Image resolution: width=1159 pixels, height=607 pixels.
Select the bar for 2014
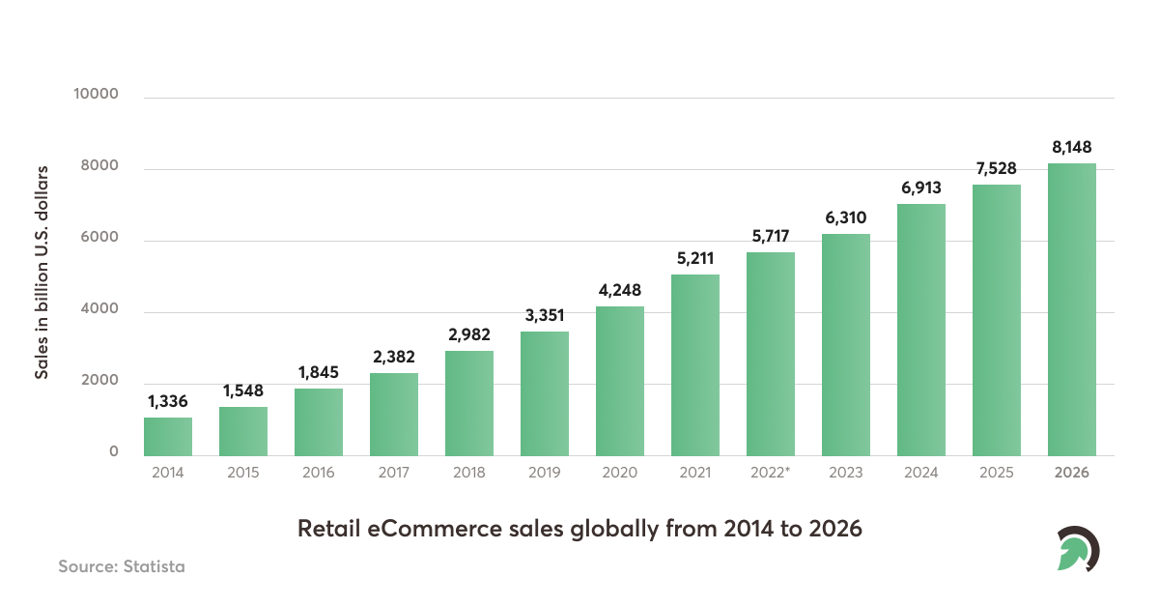168,437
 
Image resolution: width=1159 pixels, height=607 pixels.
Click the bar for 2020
620,381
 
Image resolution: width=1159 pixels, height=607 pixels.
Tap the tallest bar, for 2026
1072,309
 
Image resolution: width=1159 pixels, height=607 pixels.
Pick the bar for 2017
394,415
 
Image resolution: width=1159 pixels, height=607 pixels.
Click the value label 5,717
771,235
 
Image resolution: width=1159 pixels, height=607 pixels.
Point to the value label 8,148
1072,147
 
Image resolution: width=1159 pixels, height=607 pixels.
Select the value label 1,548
243,390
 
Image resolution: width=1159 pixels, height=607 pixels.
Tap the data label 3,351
545,315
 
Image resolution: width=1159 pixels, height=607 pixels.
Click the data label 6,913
921,188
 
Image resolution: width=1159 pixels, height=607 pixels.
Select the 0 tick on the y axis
113,452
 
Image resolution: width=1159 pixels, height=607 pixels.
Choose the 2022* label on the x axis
771,473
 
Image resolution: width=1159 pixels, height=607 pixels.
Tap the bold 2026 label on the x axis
1072,473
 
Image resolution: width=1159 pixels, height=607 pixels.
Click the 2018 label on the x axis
469,473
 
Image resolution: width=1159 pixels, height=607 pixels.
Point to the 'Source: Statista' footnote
121,566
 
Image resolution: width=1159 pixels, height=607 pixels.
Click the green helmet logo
1077,549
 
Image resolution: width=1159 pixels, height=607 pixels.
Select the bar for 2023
846,345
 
